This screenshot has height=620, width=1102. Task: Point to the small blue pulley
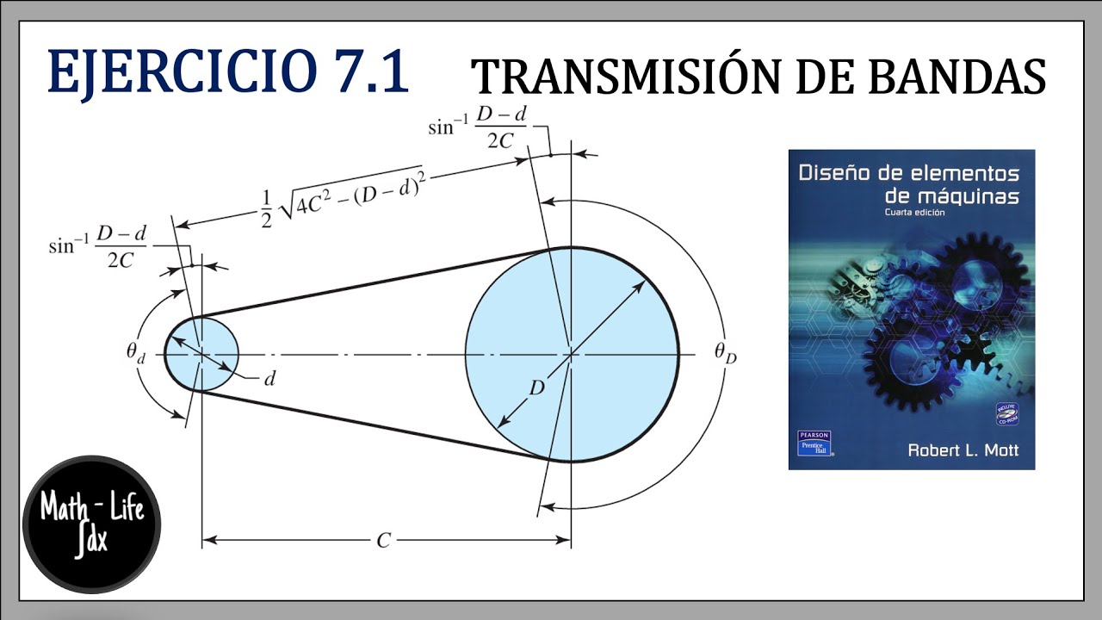[201, 354]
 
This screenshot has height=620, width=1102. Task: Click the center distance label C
[384, 541]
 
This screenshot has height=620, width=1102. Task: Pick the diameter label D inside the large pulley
[536, 388]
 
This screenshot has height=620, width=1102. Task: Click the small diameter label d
[269, 378]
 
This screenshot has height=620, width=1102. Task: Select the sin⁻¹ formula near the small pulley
[96, 247]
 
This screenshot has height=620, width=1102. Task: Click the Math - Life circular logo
[91, 524]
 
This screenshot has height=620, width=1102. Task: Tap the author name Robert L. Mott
[963, 450]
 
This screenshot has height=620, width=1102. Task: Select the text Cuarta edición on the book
[919, 213]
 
